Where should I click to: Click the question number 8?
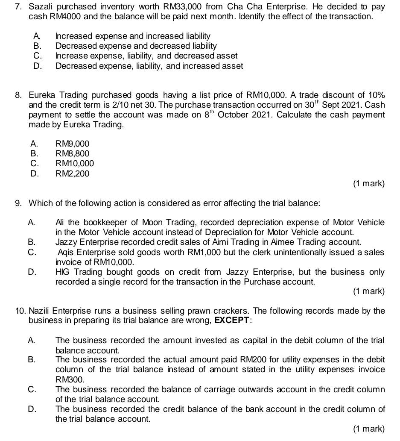pyautogui.click(x=18, y=94)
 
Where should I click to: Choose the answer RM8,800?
pyautogui.click(x=73, y=153)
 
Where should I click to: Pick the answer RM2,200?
pyautogui.click(x=73, y=173)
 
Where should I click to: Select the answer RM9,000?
pyautogui.click(x=73, y=144)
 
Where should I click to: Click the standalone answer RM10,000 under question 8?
pyautogui.click(x=75, y=163)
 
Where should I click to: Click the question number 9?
pyautogui.click(x=18, y=203)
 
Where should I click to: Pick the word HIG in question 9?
pyautogui.click(x=63, y=272)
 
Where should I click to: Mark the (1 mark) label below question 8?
pyautogui.click(x=369, y=184)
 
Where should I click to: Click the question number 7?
pyautogui.click(x=18, y=7)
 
